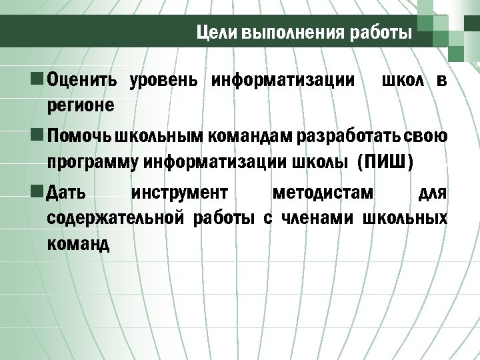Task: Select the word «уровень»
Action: point(163,81)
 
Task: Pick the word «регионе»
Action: point(80,105)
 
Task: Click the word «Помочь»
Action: point(79,137)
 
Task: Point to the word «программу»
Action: point(93,162)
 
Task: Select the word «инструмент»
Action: point(180,194)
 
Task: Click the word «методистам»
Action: point(323,194)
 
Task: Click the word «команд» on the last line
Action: point(78,243)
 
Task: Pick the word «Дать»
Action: point(67,194)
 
